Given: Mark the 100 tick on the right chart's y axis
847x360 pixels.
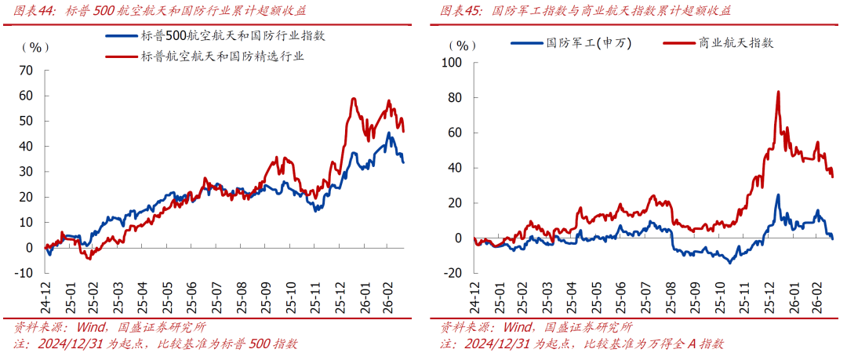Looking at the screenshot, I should coord(453,62).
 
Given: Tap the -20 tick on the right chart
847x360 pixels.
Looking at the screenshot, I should coord(453,273).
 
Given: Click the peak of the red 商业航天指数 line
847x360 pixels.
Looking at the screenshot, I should coord(778,92).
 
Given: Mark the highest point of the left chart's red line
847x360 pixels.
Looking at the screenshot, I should coord(354,99).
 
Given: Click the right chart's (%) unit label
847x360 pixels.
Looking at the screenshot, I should coord(459,45).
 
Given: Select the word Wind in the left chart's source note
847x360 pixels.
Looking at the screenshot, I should coord(93,328).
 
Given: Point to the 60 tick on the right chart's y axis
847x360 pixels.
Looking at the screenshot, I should coord(456,133).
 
